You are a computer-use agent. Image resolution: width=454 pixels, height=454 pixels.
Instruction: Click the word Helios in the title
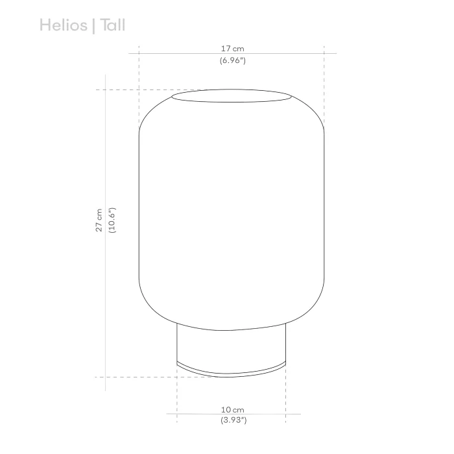62,25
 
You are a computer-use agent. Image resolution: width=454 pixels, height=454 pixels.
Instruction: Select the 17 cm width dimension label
232,49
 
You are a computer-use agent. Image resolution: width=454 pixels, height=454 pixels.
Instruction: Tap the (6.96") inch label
232,60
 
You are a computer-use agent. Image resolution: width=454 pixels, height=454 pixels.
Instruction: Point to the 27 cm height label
99,221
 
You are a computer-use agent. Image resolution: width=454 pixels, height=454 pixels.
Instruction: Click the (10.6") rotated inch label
112,221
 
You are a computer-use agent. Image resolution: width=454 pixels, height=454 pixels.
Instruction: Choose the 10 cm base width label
232,409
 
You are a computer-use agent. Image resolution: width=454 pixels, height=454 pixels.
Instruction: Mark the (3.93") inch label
232,421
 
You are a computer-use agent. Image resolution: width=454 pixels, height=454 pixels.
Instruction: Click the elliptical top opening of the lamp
232,98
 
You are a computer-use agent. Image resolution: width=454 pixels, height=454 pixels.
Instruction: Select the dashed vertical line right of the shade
324,84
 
